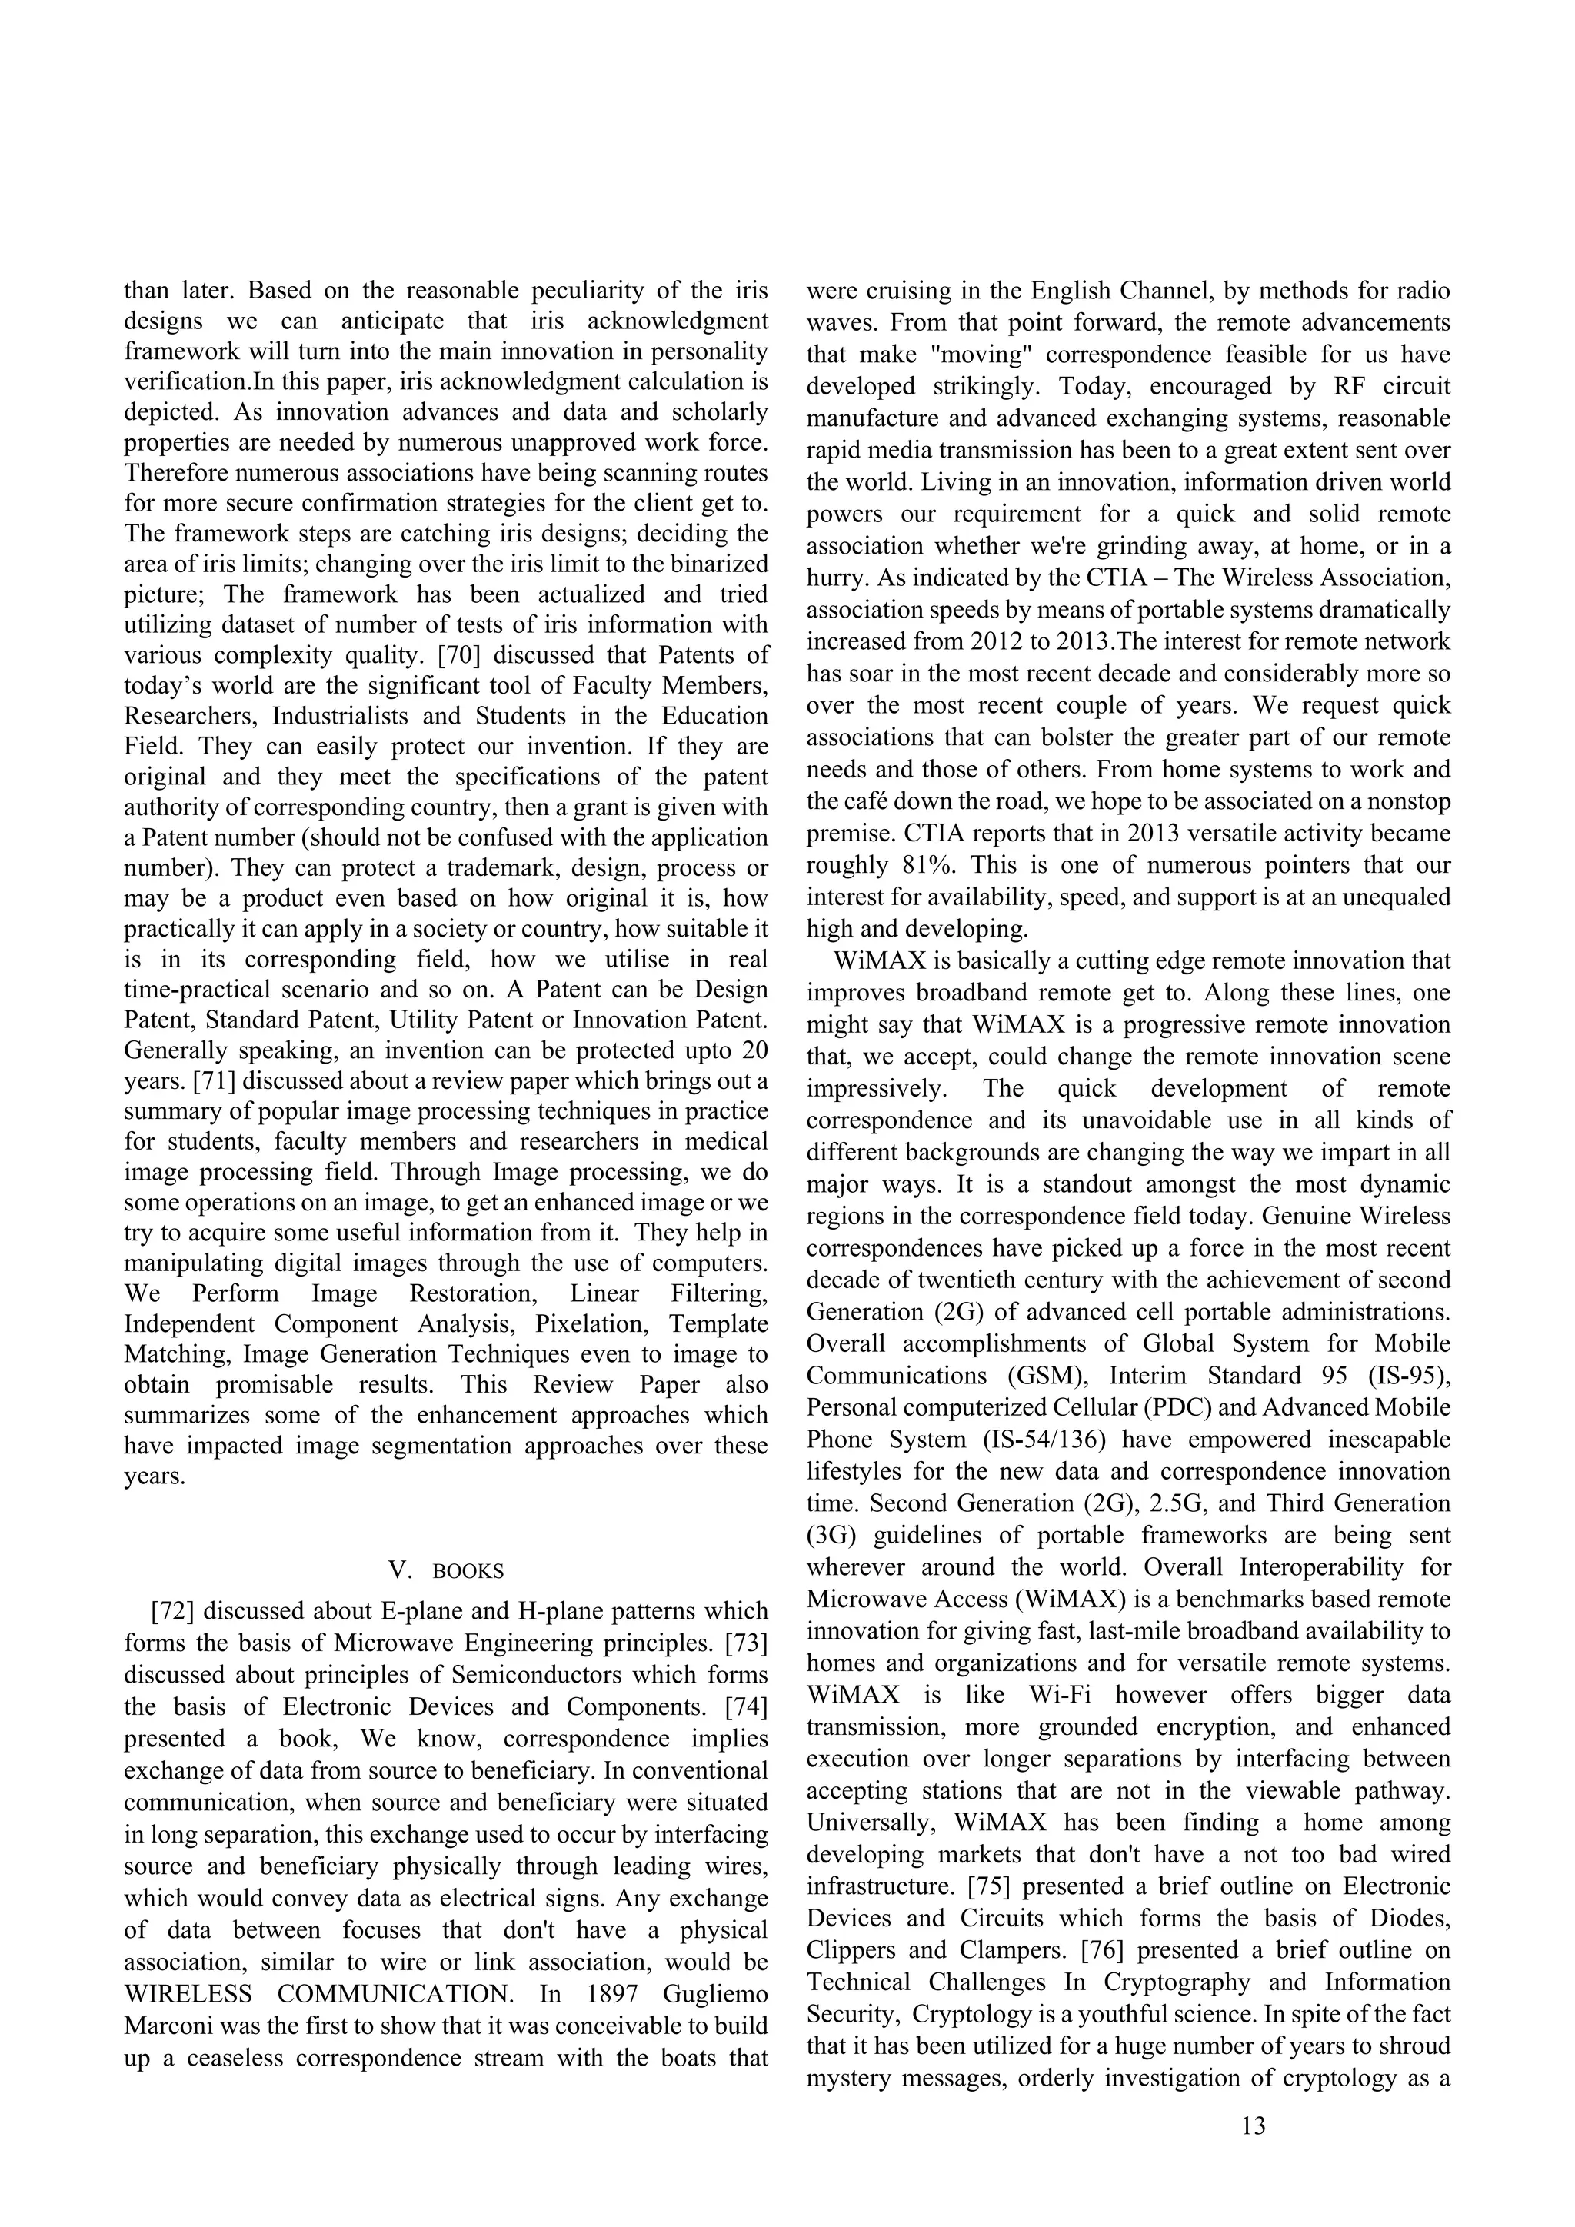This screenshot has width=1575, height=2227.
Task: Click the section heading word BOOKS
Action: click(468, 1571)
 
